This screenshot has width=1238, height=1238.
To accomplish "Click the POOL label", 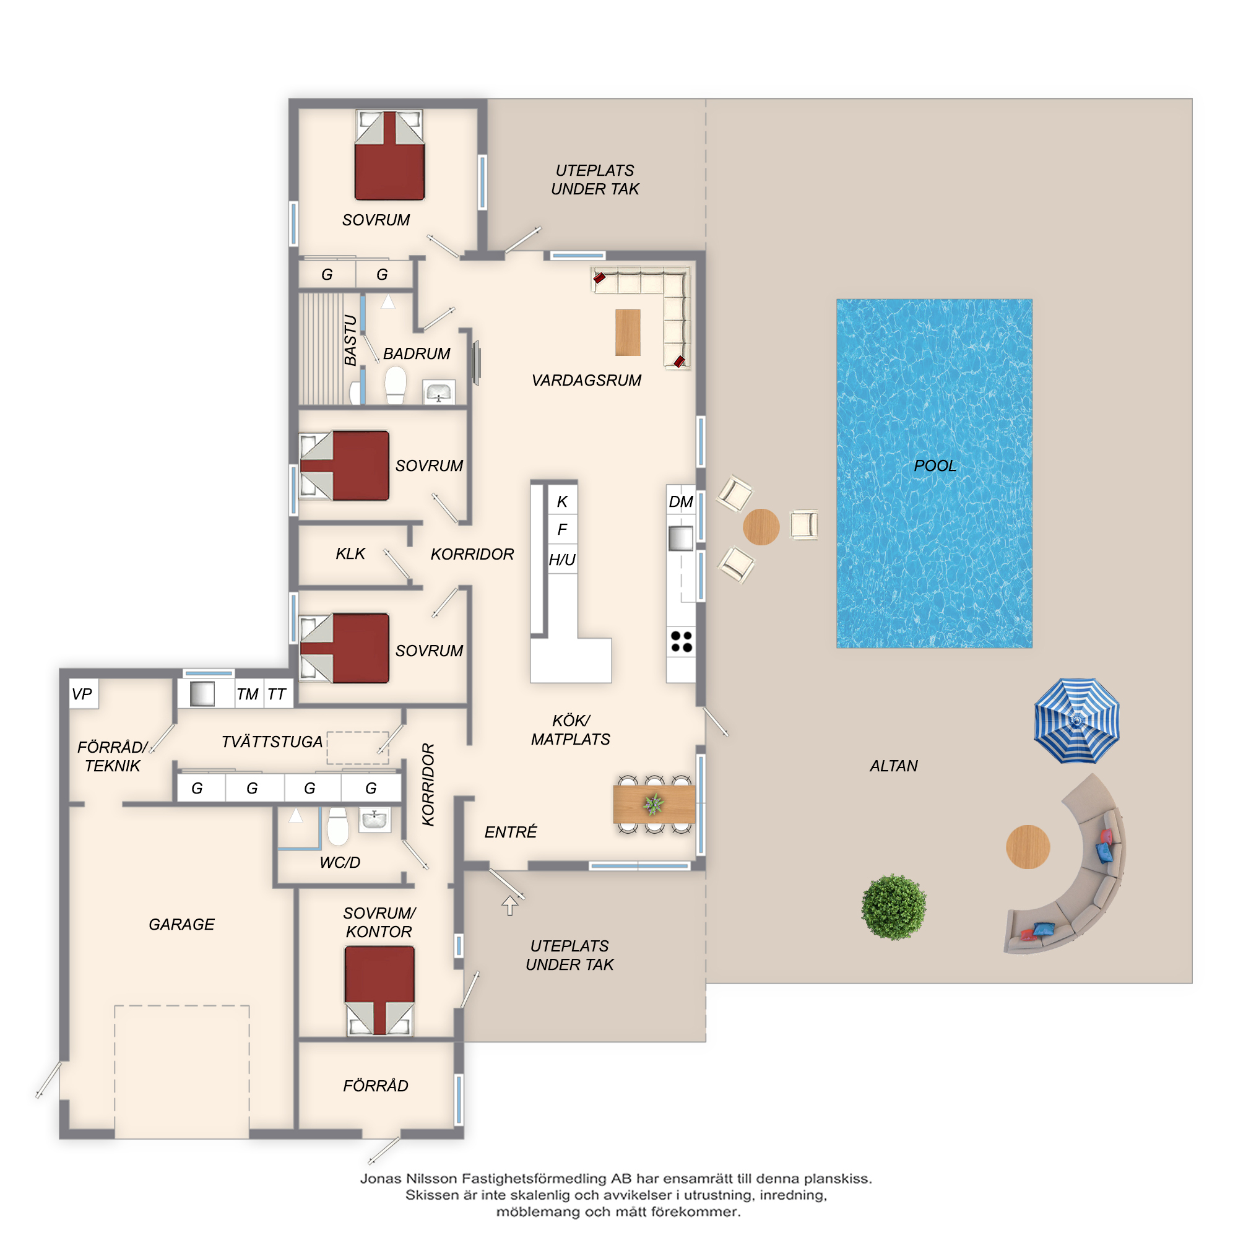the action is (935, 466).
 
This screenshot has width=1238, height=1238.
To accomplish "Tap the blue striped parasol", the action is (1076, 721).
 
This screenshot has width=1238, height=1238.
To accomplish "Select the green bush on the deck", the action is (894, 907).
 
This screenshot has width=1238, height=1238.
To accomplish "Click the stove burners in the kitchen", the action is (681, 641).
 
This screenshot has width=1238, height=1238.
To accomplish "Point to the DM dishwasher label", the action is (680, 502).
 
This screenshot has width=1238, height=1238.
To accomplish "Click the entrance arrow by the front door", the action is (509, 906).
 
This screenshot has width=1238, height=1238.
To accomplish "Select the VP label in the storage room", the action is (82, 694).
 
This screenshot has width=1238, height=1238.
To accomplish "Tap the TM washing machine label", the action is (248, 694).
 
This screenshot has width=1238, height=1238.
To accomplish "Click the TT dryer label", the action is (277, 694).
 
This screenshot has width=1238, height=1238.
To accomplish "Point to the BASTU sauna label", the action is (350, 340).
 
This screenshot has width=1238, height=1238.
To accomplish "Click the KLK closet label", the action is (350, 553).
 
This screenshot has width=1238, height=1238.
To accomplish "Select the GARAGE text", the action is (181, 924).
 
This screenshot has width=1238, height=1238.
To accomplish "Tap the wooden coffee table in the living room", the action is (628, 332).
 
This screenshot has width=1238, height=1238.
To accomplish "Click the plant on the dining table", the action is (654, 803).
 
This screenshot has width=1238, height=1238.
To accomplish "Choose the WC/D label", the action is (340, 862).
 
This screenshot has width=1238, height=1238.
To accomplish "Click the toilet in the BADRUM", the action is (396, 385).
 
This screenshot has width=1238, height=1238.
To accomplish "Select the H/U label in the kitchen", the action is (562, 560).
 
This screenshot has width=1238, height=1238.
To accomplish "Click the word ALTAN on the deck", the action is (893, 766).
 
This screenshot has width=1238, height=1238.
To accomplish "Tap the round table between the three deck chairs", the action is (761, 527).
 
